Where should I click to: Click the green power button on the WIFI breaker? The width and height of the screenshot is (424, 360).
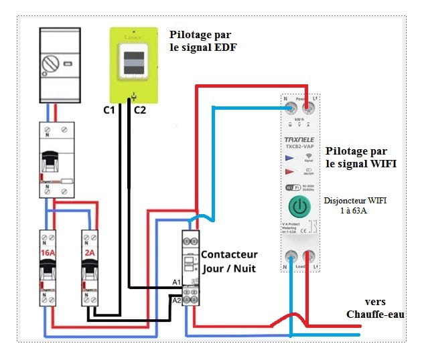click(x=300, y=207)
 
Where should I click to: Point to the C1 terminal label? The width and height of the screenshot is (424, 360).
click(x=109, y=109)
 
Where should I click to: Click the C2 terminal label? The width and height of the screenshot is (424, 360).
click(x=140, y=109)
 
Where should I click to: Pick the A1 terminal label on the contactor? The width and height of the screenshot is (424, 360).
click(x=176, y=282)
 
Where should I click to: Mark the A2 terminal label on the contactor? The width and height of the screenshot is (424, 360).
click(x=176, y=300)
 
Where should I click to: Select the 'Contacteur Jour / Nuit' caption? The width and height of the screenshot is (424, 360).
click(x=230, y=262)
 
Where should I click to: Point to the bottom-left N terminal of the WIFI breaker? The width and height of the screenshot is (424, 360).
click(x=291, y=255)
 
